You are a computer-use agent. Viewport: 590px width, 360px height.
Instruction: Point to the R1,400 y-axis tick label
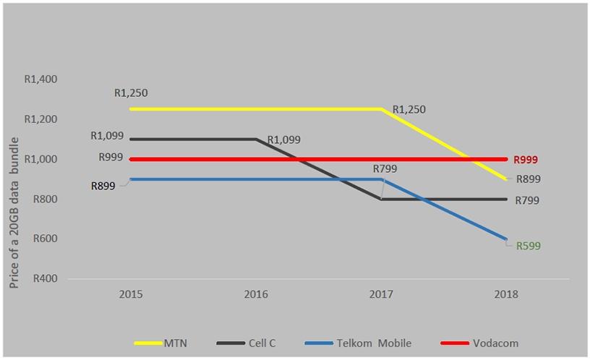click(x=41, y=79)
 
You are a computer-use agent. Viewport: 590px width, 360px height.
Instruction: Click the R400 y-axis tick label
click(x=45, y=278)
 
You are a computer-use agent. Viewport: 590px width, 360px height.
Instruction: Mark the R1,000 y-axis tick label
click(x=41, y=159)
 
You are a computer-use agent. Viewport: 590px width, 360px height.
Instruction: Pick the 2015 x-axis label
click(x=131, y=295)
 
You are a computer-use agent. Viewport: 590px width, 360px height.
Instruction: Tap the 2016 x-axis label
click(x=256, y=295)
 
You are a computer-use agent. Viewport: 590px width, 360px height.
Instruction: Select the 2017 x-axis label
click(x=381, y=295)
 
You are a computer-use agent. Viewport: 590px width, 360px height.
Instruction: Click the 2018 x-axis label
click(x=506, y=295)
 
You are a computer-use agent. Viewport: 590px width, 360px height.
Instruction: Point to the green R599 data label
click(x=528, y=246)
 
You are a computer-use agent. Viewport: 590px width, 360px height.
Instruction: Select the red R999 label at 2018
click(x=526, y=160)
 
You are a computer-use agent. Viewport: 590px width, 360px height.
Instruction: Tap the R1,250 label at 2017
click(x=409, y=110)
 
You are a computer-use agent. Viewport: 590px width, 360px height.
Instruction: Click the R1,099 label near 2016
click(x=283, y=140)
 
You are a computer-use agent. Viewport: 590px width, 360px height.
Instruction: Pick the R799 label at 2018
click(x=528, y=201)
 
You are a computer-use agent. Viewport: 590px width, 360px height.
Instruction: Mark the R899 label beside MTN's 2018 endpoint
click(x=528, y=179)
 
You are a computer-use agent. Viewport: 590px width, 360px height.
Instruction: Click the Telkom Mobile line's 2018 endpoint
click(x=506, y=239)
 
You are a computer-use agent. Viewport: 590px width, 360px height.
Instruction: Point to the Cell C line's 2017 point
click(x=381, y=199)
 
